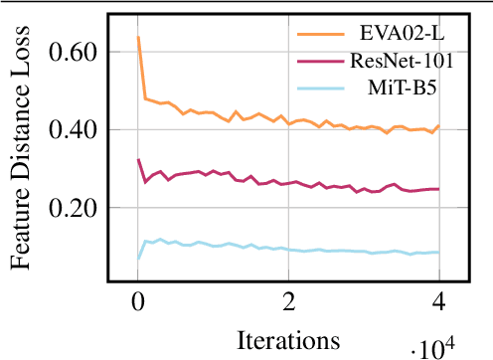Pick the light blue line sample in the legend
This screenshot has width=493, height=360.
coord(320,87)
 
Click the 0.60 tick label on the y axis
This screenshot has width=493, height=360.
coord(78,51)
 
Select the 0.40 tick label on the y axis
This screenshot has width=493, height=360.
coord(78,129)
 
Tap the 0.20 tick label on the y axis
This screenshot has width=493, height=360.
coord(78,208)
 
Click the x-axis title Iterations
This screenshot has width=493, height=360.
coord(288,338)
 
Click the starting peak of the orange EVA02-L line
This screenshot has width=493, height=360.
coord(138,38)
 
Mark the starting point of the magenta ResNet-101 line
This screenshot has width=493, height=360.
coord(138,159)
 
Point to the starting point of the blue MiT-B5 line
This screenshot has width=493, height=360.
coord(138,258)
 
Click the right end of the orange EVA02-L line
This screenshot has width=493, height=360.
coord(438,126)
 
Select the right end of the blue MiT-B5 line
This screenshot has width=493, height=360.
coord(438,253)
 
